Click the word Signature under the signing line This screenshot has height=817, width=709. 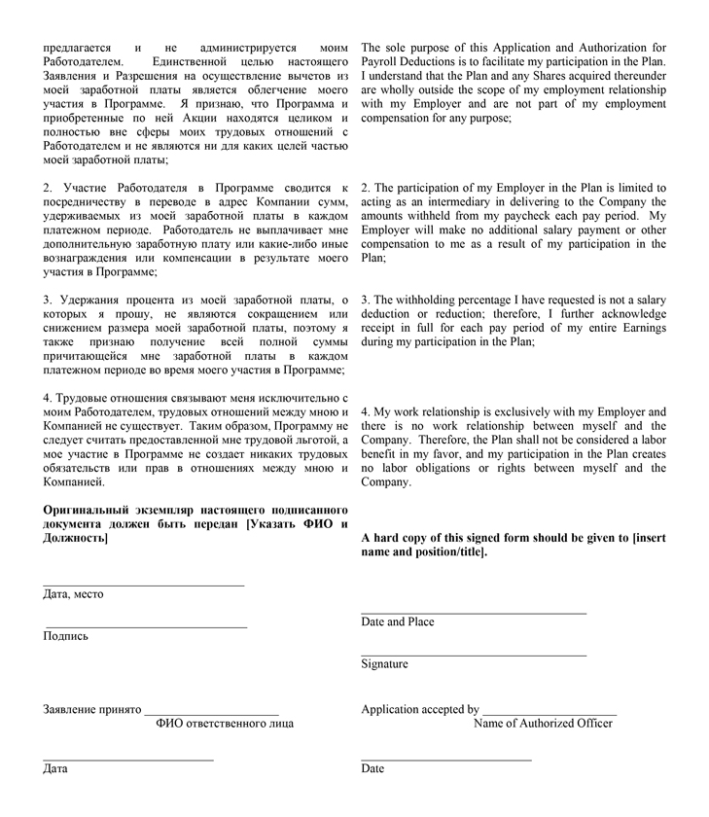point(384,664)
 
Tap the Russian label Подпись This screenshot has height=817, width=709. point(65,636)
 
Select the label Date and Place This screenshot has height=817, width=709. point(398,622)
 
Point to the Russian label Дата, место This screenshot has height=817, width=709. point(73,594)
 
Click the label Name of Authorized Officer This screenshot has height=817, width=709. point(543,724)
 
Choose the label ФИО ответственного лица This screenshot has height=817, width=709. point(225,724)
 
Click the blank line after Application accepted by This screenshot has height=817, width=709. point(549,715)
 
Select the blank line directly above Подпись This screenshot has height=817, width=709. point(145,627)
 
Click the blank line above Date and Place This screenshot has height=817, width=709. point(474,614)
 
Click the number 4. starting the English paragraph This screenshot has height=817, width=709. point(366,412)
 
